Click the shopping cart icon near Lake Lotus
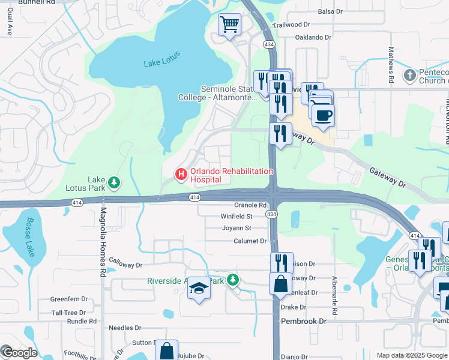229,25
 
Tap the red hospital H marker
180,175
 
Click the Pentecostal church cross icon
409,76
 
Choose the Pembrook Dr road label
304,321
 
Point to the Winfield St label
237,216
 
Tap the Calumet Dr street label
250,241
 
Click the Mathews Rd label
391,65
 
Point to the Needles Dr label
124,328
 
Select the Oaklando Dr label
313,37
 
